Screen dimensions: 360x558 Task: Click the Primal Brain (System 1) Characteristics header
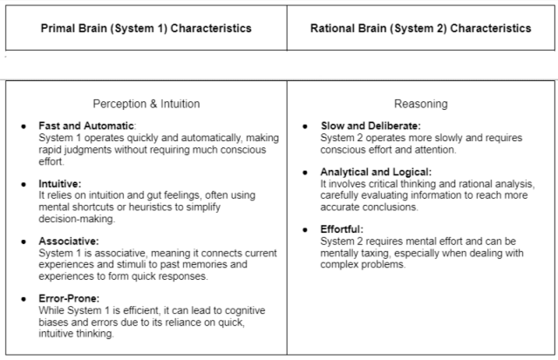[x=146, y=28]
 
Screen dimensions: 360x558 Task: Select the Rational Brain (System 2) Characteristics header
[x=420, y=28]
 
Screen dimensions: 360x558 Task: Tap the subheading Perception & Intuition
[x=146, y=104]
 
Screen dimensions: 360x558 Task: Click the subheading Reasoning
[x=420, y=104]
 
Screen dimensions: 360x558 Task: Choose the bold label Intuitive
[x=60, y=184]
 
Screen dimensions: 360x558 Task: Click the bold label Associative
[x=69, y=241]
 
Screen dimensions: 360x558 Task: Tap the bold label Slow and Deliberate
[x=370, y=126]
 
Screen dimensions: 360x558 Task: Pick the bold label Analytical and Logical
[x=376, y=172]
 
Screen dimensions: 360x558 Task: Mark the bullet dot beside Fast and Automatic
[x=24, y=126]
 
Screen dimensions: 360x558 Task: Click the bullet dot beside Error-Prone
[x=24, y=298]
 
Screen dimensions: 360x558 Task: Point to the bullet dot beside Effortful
[x=304, y=229]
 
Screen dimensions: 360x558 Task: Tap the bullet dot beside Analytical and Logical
[x=304, y=172]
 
